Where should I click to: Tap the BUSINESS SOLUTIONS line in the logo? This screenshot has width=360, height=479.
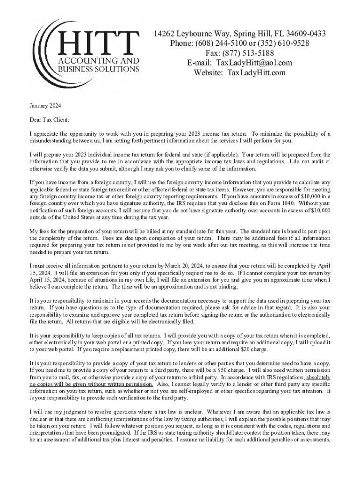98,69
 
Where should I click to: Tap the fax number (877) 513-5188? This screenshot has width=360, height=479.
249,53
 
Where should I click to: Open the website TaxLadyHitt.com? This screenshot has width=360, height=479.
256,73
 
